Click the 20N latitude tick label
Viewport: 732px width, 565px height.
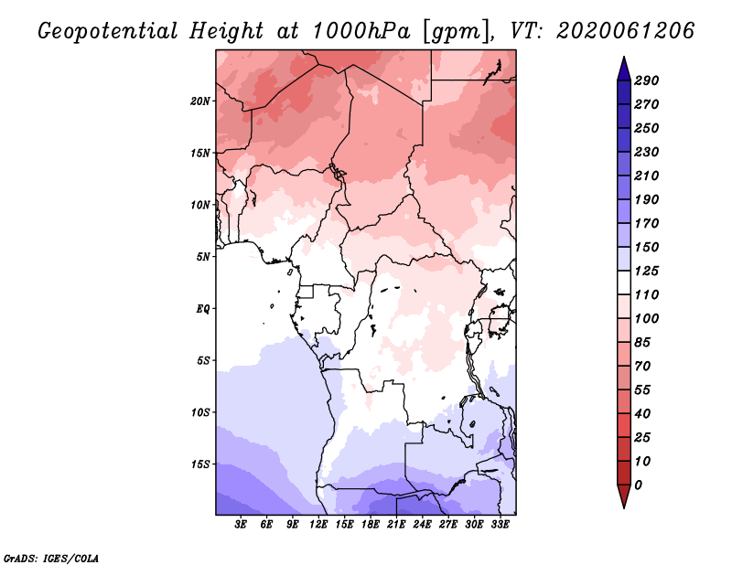tap(200, 101)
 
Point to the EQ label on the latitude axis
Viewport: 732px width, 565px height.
tap(203, 309)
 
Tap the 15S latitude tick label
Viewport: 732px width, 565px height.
tap(200, 464)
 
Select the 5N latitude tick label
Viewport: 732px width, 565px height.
tap(203, 257)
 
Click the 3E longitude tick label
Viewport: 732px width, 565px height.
tap(241, 525)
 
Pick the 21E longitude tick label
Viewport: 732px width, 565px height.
tap(396, 525)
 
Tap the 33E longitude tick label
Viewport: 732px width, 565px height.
tap(500, 525)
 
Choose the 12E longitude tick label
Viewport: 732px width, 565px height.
tap(318, 525)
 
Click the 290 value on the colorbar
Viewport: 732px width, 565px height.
tap(647, 80)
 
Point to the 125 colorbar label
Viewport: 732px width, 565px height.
tap(647, 271)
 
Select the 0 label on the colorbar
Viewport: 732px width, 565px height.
tap(638, 485)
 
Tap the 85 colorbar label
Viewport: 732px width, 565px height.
tap(642, 343)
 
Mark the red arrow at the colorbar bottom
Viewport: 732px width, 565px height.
tap(624, 496)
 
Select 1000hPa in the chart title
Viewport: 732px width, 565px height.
tap(361, 31)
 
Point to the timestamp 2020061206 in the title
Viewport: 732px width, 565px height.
tap(626, 31)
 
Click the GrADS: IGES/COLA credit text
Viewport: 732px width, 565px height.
tap(51, 559)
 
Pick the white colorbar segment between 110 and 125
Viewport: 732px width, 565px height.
tap(624, 282)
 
